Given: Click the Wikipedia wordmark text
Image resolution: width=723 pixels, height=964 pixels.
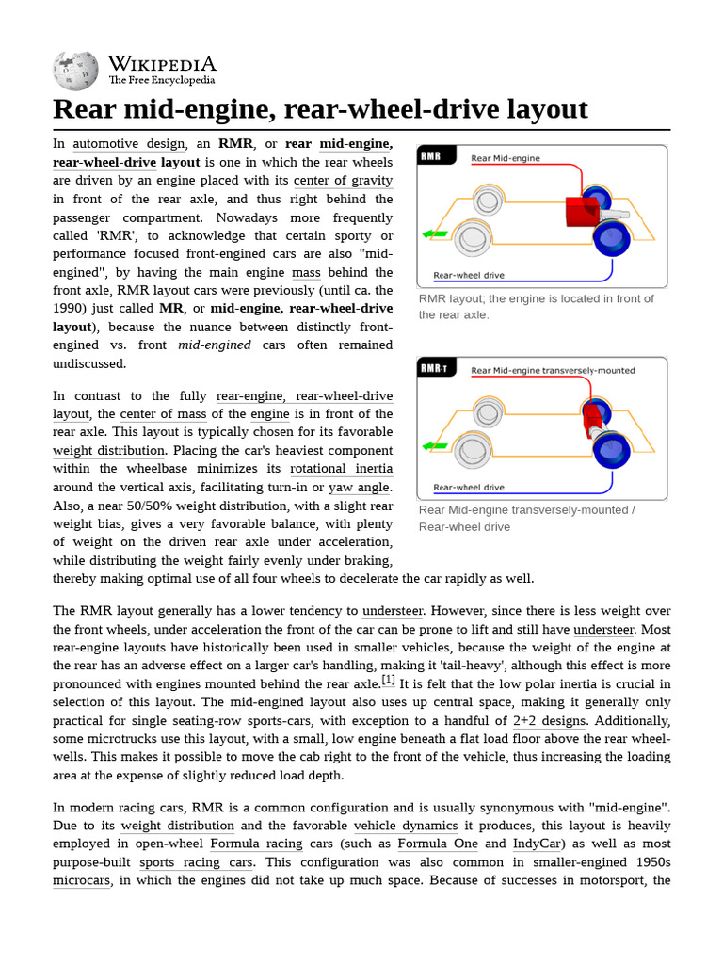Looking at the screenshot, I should pos(161,64).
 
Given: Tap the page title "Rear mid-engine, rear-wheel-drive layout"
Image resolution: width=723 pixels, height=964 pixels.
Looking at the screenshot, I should pos(320,108).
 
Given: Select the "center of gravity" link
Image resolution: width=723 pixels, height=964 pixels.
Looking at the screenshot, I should pos(343,181).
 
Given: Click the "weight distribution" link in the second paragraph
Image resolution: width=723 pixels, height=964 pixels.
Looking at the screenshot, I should pos(108,451).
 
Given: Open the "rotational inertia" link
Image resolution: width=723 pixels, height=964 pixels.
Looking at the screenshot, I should pos(341,469).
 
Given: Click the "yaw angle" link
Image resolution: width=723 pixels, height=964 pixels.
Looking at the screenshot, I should pos(359,488).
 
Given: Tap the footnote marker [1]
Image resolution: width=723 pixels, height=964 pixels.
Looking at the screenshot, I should pos(388,680).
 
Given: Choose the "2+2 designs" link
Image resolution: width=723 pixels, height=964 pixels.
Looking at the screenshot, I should pos(549,721).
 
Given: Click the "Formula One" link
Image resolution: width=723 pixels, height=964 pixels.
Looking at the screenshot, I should pos(435,843).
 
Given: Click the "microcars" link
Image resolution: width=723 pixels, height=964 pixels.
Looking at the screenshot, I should pos(82,880).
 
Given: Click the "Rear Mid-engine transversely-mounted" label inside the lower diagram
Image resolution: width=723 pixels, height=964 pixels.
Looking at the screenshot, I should pos(553,371).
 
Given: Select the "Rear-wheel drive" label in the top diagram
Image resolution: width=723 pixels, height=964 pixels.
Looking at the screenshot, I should pos(468,276).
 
